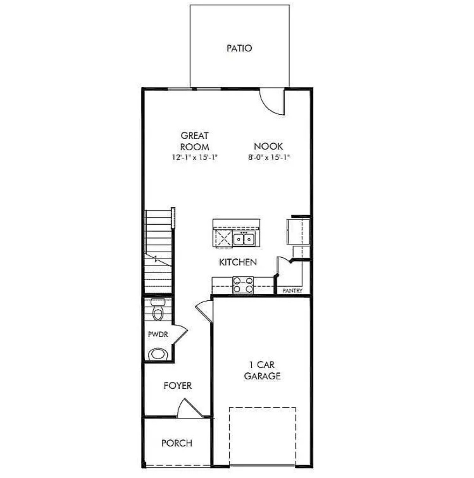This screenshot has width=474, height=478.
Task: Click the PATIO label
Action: pos(239,48)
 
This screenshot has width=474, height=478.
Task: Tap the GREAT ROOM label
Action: pos(195,141)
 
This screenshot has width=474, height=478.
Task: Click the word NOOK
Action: pos(268,146)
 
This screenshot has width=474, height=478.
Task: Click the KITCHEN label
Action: pos(238,262)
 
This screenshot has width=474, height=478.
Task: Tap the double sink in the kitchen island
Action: pos(244,240)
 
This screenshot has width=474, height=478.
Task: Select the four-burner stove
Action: pos(243,285)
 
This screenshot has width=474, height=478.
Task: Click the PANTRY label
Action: pos(292,291)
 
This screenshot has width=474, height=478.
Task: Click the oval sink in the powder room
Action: pos(157,354)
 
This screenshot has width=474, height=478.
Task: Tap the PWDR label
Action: pos(158,335)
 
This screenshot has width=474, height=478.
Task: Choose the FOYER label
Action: pos(177,386)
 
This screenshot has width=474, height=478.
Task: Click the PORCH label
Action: pos(177,443)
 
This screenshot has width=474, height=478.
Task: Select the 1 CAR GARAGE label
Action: pos(262,370)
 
